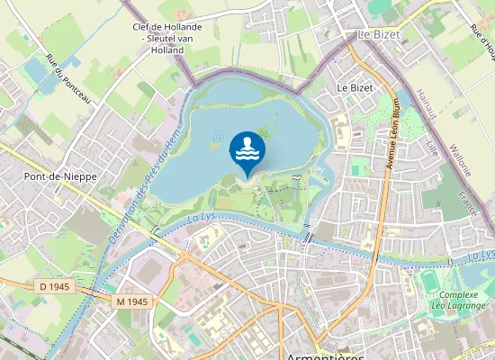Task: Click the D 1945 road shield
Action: click(56, 286)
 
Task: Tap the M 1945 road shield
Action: click(131, 300)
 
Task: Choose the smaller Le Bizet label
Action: click(355, 88)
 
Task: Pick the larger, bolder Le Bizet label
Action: click(378, 34)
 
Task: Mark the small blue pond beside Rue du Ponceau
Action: click(37, 69)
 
